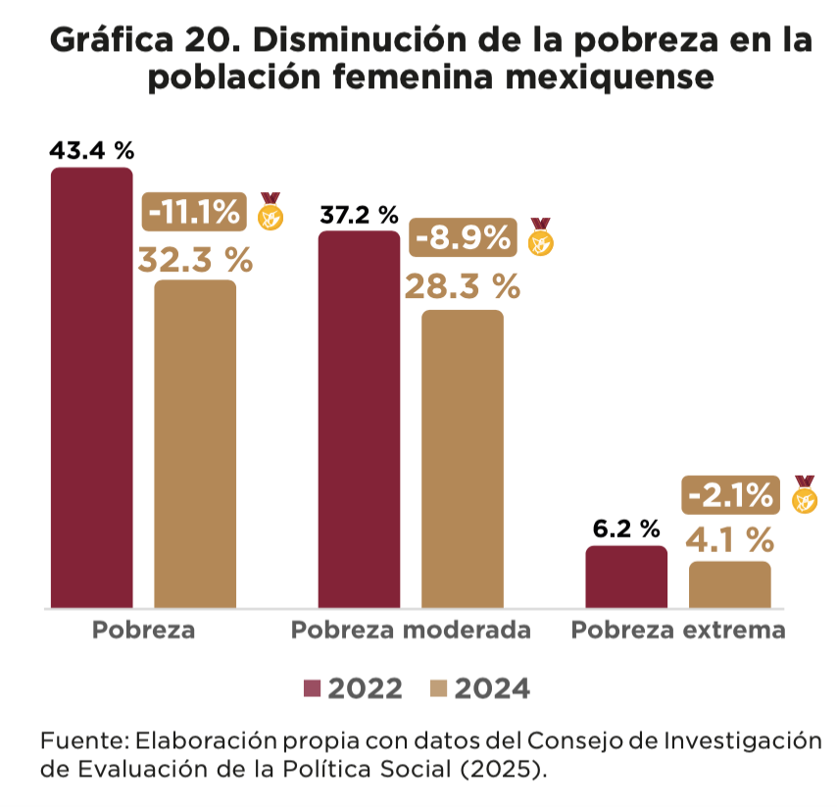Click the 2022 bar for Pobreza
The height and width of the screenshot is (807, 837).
click(91, 387)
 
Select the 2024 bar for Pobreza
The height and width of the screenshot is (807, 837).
click(195, 443)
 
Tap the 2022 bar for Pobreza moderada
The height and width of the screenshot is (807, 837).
click(359, 420)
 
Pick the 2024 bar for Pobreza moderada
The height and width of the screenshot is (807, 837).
click(463, 459)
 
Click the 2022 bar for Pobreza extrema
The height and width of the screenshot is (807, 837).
click(626, 577)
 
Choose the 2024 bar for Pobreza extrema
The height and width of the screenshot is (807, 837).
click(730, 584)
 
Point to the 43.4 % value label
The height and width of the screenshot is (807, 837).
click(91, 151)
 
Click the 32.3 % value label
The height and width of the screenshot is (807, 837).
click(195, 260)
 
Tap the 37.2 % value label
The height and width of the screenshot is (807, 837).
click(359, 215)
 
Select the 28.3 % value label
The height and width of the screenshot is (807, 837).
click(463, 287)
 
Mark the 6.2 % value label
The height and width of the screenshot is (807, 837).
click(626, 530)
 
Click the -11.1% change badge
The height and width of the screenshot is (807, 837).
click(196, 211)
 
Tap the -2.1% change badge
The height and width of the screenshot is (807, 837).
click(731, 495)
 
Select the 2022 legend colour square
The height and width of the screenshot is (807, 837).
click(312, 689)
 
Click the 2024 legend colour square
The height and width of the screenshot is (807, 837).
click(439, 689)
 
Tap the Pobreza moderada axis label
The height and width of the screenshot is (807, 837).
click(411, 630)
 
